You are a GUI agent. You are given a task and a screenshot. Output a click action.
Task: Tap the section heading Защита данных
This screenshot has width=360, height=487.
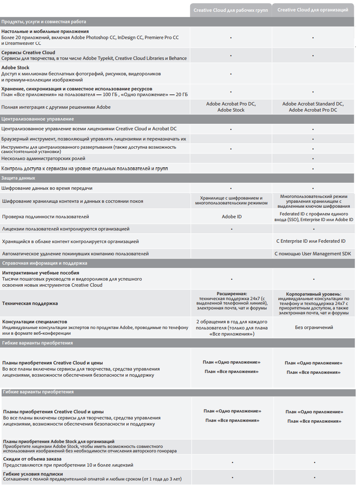[18, 178]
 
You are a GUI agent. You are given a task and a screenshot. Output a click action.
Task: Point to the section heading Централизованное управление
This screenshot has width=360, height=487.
[37, 119]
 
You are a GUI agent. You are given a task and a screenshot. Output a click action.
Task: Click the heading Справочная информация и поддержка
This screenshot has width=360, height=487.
[44, 263]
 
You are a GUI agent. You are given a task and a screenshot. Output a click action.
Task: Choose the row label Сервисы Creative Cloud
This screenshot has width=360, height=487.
[29, 53]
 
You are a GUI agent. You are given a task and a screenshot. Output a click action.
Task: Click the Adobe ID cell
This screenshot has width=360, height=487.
[231, 217]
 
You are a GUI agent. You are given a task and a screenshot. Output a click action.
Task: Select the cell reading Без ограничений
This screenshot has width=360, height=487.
[314, 327]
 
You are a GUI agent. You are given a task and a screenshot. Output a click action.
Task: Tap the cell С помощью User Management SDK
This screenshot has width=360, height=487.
[313, 254]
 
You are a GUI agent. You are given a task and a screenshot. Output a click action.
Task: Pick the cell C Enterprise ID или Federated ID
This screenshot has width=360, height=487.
[311, 241]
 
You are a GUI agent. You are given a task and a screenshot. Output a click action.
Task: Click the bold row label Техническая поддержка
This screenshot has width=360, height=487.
[30, 303]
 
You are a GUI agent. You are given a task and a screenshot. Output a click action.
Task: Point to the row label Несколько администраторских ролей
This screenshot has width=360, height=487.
[43, 158]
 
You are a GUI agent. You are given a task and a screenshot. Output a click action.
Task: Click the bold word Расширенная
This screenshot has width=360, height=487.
[231, 294]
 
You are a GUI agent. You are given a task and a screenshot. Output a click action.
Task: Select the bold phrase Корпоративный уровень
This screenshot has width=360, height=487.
[314, 294]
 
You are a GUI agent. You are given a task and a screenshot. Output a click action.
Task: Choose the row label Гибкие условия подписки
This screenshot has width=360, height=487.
[33, 474]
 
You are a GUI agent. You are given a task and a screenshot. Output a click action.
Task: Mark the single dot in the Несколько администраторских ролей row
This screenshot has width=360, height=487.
[313, 159]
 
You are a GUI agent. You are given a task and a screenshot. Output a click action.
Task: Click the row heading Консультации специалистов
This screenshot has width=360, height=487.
[35, 322]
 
